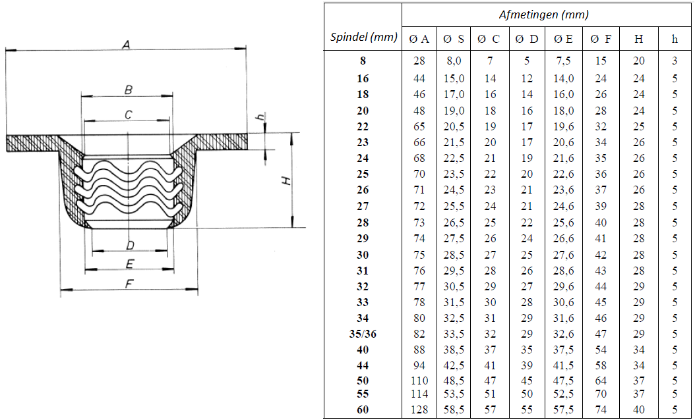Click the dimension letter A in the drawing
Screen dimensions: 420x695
pos(126,44)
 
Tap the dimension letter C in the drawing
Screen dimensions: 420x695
pos(129,115)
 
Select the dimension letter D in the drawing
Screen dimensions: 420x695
pos(130,246)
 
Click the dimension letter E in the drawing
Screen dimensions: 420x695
pos(130,265)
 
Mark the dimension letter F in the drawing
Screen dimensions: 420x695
pos(129,284)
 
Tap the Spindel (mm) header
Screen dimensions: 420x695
pos(363,37)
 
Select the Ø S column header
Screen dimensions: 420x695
pos(454,39)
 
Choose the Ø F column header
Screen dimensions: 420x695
pos(601,39)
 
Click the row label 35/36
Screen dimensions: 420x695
pos(363,334)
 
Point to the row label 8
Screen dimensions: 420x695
pos(363,61)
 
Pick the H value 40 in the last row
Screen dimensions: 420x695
pos(639,409)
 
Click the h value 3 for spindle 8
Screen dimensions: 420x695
pos(675,61)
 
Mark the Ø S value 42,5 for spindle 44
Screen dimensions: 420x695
pos(454,365)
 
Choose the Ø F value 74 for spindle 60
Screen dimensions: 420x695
pos(601,409)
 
